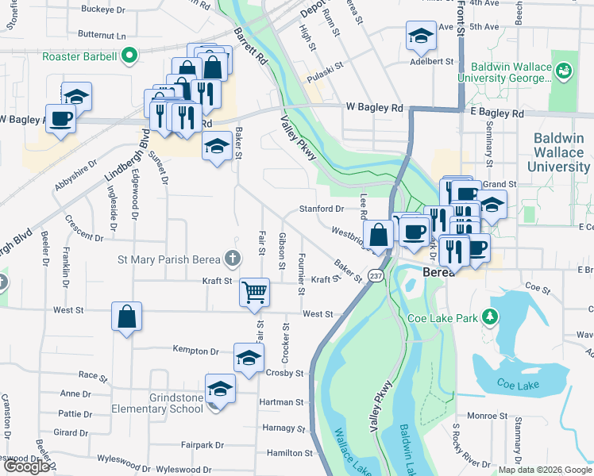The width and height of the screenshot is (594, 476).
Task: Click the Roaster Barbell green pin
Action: (x=125, y=56)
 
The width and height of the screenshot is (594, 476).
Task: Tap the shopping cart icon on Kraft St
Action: (x=254, y=292)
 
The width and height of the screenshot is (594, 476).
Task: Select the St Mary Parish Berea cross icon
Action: (x=232, y=258)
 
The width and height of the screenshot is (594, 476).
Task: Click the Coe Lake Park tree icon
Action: (x=491, y=317)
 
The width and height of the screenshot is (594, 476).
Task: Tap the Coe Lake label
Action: (x=517, y=385)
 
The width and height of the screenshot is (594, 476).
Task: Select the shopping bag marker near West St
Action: (x=126, y=317)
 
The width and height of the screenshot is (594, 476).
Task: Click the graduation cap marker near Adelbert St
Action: (x=420, y=35)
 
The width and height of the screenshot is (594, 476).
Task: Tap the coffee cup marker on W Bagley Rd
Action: (x=61, y=120)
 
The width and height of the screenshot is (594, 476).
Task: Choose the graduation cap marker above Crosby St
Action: (x=249, y=358)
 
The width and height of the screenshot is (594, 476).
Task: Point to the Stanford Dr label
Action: (x=321, y=209)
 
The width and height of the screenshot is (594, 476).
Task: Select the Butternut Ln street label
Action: (x=102, y=36)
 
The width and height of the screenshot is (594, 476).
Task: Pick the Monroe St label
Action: (x=488, y=415)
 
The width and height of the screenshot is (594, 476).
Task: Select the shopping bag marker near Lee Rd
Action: (x=380, y=235)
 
